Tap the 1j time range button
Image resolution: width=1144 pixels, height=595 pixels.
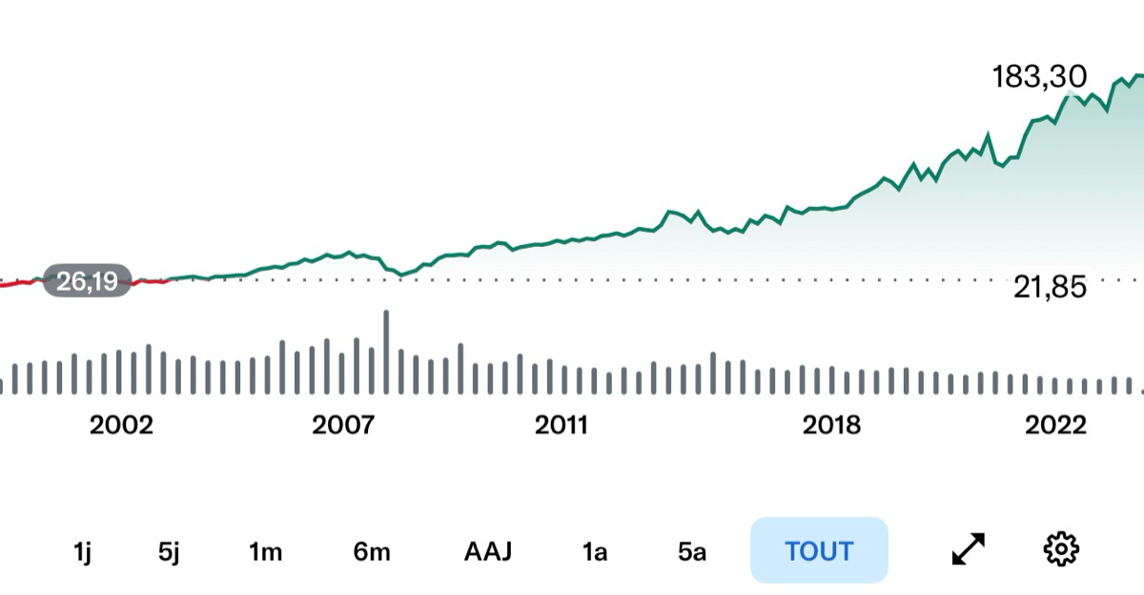tap(82, 551)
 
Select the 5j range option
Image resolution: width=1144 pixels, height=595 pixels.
tap(169, 551)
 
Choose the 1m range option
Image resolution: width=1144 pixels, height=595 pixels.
tap(266, 551)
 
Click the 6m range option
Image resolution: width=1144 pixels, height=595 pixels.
tap(372, 551)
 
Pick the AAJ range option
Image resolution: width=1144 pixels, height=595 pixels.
tap(488, 551)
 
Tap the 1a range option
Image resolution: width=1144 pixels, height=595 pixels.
tap(595, 551)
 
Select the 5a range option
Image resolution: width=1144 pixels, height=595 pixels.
tap(692, 551)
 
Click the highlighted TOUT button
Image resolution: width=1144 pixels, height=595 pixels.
tap(819, 550)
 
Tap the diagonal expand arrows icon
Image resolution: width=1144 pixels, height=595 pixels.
tap(969, 549)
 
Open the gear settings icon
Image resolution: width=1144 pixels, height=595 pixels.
tap(1060, 549)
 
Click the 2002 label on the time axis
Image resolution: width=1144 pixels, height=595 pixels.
tap(121, 425)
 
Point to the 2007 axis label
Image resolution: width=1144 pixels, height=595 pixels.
tap(343, 425)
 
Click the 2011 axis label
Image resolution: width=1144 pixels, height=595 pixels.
tap(562, 425)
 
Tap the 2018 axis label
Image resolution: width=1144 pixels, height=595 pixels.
tap(831, 425)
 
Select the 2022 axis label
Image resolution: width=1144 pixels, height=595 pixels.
tap(1055, 425)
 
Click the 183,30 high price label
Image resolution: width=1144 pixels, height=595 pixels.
tap(1039, 77)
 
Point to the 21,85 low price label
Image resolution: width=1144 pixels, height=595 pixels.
tap(1050, 287)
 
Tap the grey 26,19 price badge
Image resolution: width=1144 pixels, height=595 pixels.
tap(87, 282)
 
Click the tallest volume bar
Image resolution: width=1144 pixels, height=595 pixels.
tap(386, 351)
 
